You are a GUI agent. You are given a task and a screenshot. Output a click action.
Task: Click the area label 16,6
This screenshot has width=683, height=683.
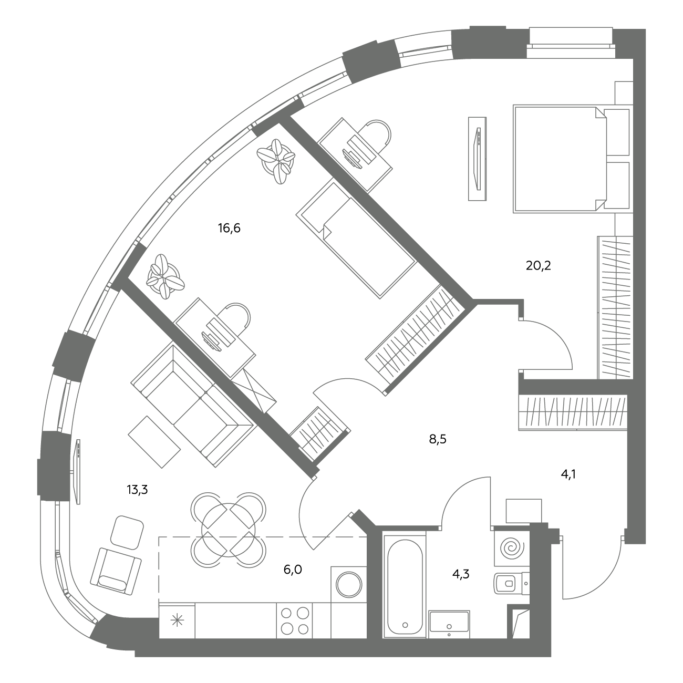point(229,228)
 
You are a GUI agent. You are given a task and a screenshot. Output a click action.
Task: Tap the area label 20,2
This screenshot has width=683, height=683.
point(539,265)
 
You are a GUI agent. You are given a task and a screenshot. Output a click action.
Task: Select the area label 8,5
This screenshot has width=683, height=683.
point(438,439)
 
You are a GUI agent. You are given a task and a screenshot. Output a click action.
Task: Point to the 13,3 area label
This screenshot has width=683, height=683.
point(137,490)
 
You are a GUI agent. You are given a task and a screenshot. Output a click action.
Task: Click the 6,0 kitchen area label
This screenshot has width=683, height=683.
point(293,570)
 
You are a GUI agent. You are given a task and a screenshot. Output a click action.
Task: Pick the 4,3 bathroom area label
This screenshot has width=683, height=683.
point(461,574)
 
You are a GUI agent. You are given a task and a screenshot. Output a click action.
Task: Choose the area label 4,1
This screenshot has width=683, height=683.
point(568,474)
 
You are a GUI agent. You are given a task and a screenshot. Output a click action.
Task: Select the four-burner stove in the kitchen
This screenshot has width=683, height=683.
point(295,622)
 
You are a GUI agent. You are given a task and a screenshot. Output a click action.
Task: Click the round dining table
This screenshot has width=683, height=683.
point(228,530)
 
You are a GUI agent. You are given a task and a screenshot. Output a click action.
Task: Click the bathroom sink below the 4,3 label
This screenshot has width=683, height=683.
point(449,623)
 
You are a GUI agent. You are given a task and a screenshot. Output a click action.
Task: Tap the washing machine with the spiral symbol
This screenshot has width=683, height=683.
point(512,549)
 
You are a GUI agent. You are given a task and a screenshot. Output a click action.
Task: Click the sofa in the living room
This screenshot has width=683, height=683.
point(194,406)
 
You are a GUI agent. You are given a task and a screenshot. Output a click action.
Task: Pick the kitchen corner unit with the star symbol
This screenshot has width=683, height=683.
point(177,622)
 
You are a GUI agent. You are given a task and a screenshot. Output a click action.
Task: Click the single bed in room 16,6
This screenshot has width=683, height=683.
point(356,241)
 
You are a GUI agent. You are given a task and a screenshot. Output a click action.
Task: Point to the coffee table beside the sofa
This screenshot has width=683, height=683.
point(154,442)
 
